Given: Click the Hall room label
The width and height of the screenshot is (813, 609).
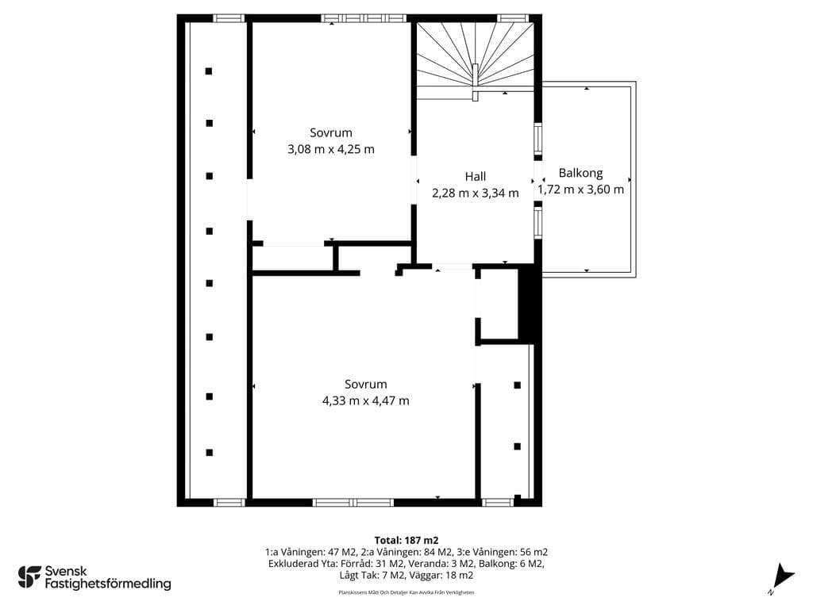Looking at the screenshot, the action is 475,177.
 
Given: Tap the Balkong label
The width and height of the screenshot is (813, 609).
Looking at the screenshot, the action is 580,173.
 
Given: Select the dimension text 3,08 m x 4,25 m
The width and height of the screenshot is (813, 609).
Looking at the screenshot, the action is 331,149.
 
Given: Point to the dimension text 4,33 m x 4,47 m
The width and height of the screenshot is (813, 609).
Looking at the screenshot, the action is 365,400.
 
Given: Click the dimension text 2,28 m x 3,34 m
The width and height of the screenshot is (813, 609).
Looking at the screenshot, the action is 475,193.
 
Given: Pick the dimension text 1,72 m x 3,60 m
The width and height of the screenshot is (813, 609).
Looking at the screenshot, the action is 580,190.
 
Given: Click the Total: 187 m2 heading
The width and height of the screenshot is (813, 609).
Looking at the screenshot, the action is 406,541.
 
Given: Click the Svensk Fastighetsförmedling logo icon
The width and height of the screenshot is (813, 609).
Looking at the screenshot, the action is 29,577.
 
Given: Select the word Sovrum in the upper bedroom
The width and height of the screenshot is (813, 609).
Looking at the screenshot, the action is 331,132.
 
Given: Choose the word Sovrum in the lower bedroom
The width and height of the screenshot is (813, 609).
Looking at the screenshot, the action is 365,385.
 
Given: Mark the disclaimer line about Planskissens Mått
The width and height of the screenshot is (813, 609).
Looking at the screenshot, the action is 406,592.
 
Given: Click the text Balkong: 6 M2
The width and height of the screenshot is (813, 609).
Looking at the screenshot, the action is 511,564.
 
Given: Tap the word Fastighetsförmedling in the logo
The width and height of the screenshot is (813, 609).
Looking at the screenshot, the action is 108,584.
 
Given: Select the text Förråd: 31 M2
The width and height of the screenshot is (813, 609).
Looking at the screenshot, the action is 372,564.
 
